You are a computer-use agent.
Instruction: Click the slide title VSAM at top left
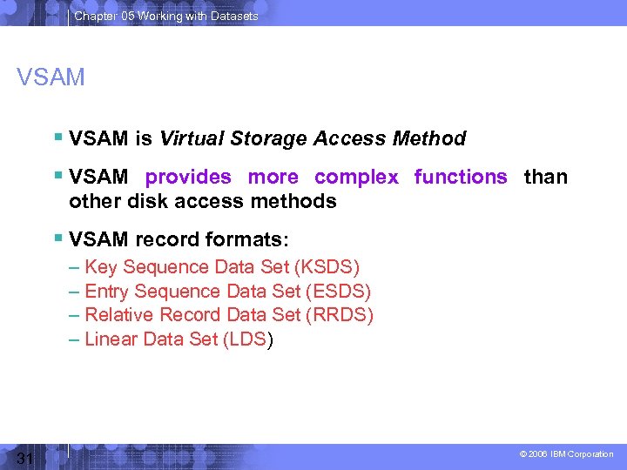[x=51, y=77]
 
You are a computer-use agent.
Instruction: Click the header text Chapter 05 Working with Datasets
[x=166, y=16]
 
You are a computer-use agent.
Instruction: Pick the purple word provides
[x=188, y=177]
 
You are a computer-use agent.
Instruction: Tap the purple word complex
[x=356, y=177]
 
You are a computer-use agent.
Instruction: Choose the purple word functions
[x=461, y=177]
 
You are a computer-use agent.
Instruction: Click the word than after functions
[x=546, y=177]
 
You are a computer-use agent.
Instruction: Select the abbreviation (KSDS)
[x=327, y=267]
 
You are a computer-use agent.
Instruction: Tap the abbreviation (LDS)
[x=248, y=339]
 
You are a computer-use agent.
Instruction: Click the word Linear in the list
[x=112, y=339]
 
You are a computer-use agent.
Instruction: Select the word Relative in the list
[x=118, y=315]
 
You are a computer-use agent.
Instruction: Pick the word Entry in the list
[x=106, y=292]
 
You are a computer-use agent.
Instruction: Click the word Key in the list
[x=101, y=267]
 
